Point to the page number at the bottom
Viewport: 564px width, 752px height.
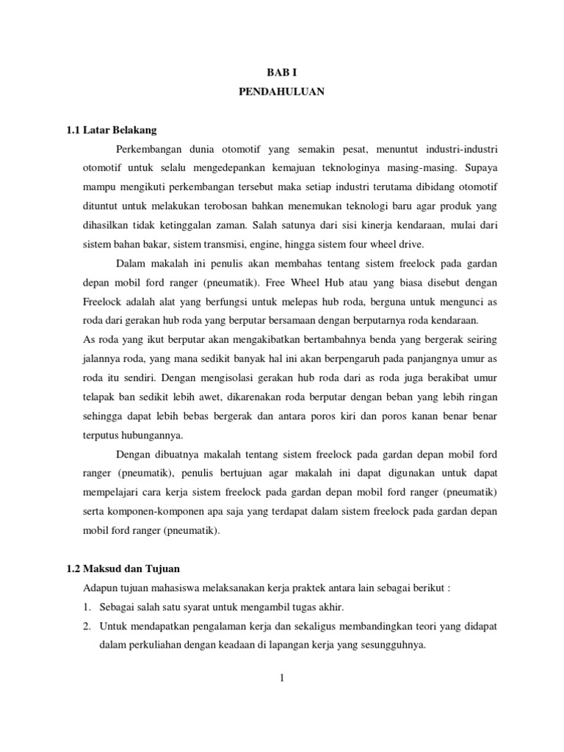pyautogui.click(x=281, y=678)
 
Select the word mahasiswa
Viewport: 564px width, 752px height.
pyautogui.click(x=173, y=588)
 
